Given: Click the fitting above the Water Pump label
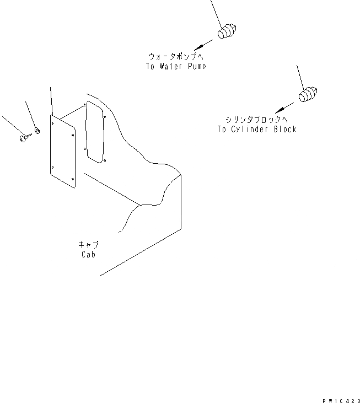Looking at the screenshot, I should (x=227, y=31).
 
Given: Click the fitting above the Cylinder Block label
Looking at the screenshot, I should (x=308, y=94).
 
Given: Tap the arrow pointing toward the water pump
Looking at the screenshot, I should (x=202, y=45).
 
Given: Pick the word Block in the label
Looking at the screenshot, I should (x=284, y=130).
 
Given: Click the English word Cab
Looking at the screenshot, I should (x=88, y=255).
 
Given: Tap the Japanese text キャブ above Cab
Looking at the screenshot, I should (x=88, y=245).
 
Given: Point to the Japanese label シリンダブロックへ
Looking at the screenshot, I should (x=257, y=120).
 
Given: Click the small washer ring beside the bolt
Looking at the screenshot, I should (x=37, y=131).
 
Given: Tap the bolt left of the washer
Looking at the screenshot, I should (x=24, y=138).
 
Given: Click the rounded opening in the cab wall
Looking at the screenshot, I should (x=95, y=132).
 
